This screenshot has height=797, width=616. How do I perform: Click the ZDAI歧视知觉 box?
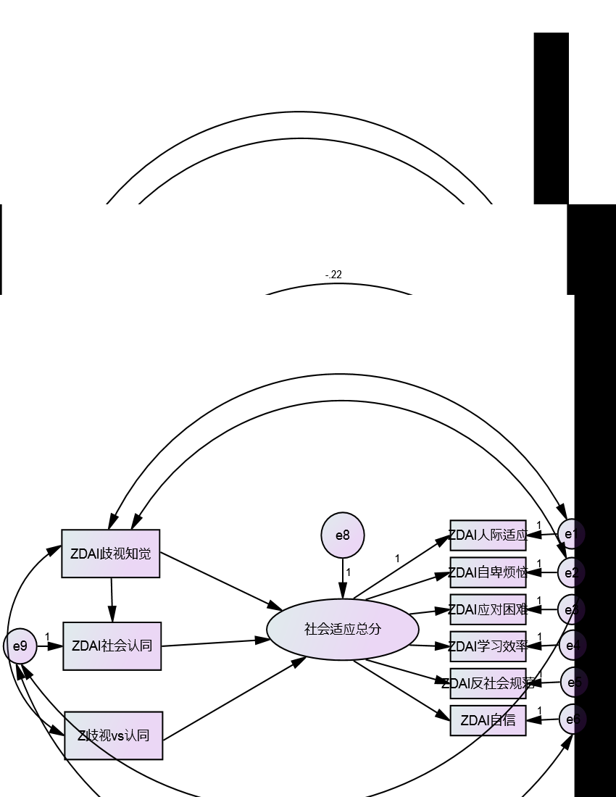tap(110, 554)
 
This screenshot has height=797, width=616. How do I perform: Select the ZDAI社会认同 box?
tap(112, 646)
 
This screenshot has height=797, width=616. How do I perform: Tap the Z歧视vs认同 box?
tap(113, 735)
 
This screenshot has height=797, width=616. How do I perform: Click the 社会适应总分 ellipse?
tap(343, 629)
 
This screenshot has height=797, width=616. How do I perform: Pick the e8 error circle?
tap(343, 535)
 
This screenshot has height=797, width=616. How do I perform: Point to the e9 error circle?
tap(20, 645)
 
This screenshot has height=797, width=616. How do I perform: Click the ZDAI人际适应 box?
tap(488, 535)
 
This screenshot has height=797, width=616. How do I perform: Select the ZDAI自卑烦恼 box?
tap(488, 572)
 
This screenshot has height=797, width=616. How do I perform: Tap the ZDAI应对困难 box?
tap(488, 609)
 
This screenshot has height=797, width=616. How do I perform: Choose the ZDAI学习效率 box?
tap(488, 646)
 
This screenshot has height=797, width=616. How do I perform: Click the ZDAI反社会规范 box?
tap(488, 683)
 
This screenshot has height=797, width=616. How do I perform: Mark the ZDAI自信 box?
tap(488, 720)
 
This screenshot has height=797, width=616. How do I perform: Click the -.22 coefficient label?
tap(333, 275)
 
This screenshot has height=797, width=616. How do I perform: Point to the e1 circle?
tap(571, 535)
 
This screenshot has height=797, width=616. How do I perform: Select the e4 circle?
tap(572, 645)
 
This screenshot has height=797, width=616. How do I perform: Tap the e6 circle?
tap(572, 719)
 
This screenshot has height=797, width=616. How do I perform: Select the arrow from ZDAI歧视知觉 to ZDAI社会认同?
tap(112, 600)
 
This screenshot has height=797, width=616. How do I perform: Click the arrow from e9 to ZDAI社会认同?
tap(49, 646)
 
